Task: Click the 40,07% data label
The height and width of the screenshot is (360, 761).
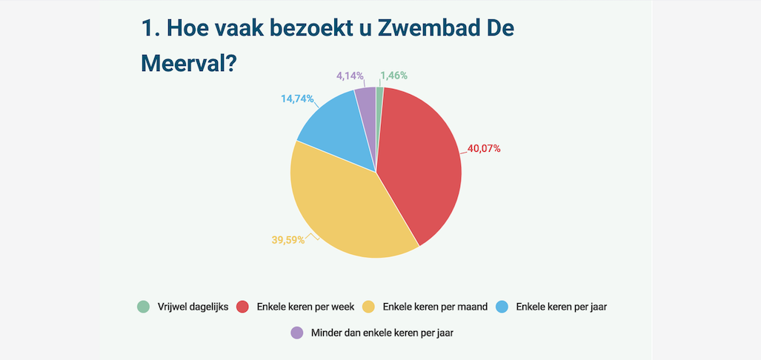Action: point(484,148)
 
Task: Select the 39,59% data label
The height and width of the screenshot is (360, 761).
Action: point(288,240)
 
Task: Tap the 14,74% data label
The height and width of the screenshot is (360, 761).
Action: point(297,99)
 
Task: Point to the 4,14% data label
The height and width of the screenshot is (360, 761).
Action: point(350,76)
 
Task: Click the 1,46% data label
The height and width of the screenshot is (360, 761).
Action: point(393,76)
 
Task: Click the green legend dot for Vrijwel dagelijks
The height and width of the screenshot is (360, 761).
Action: point(143,307)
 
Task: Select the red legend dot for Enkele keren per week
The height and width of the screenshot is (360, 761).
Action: point(242,307)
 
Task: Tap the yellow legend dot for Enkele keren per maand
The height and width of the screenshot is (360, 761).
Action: point(368,307)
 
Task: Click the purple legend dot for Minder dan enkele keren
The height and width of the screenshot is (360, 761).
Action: point(298,333)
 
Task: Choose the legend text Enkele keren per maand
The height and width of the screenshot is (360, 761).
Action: point(435,307)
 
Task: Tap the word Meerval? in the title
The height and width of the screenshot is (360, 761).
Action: point(188,64)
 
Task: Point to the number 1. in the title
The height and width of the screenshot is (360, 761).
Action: point(150,29)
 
